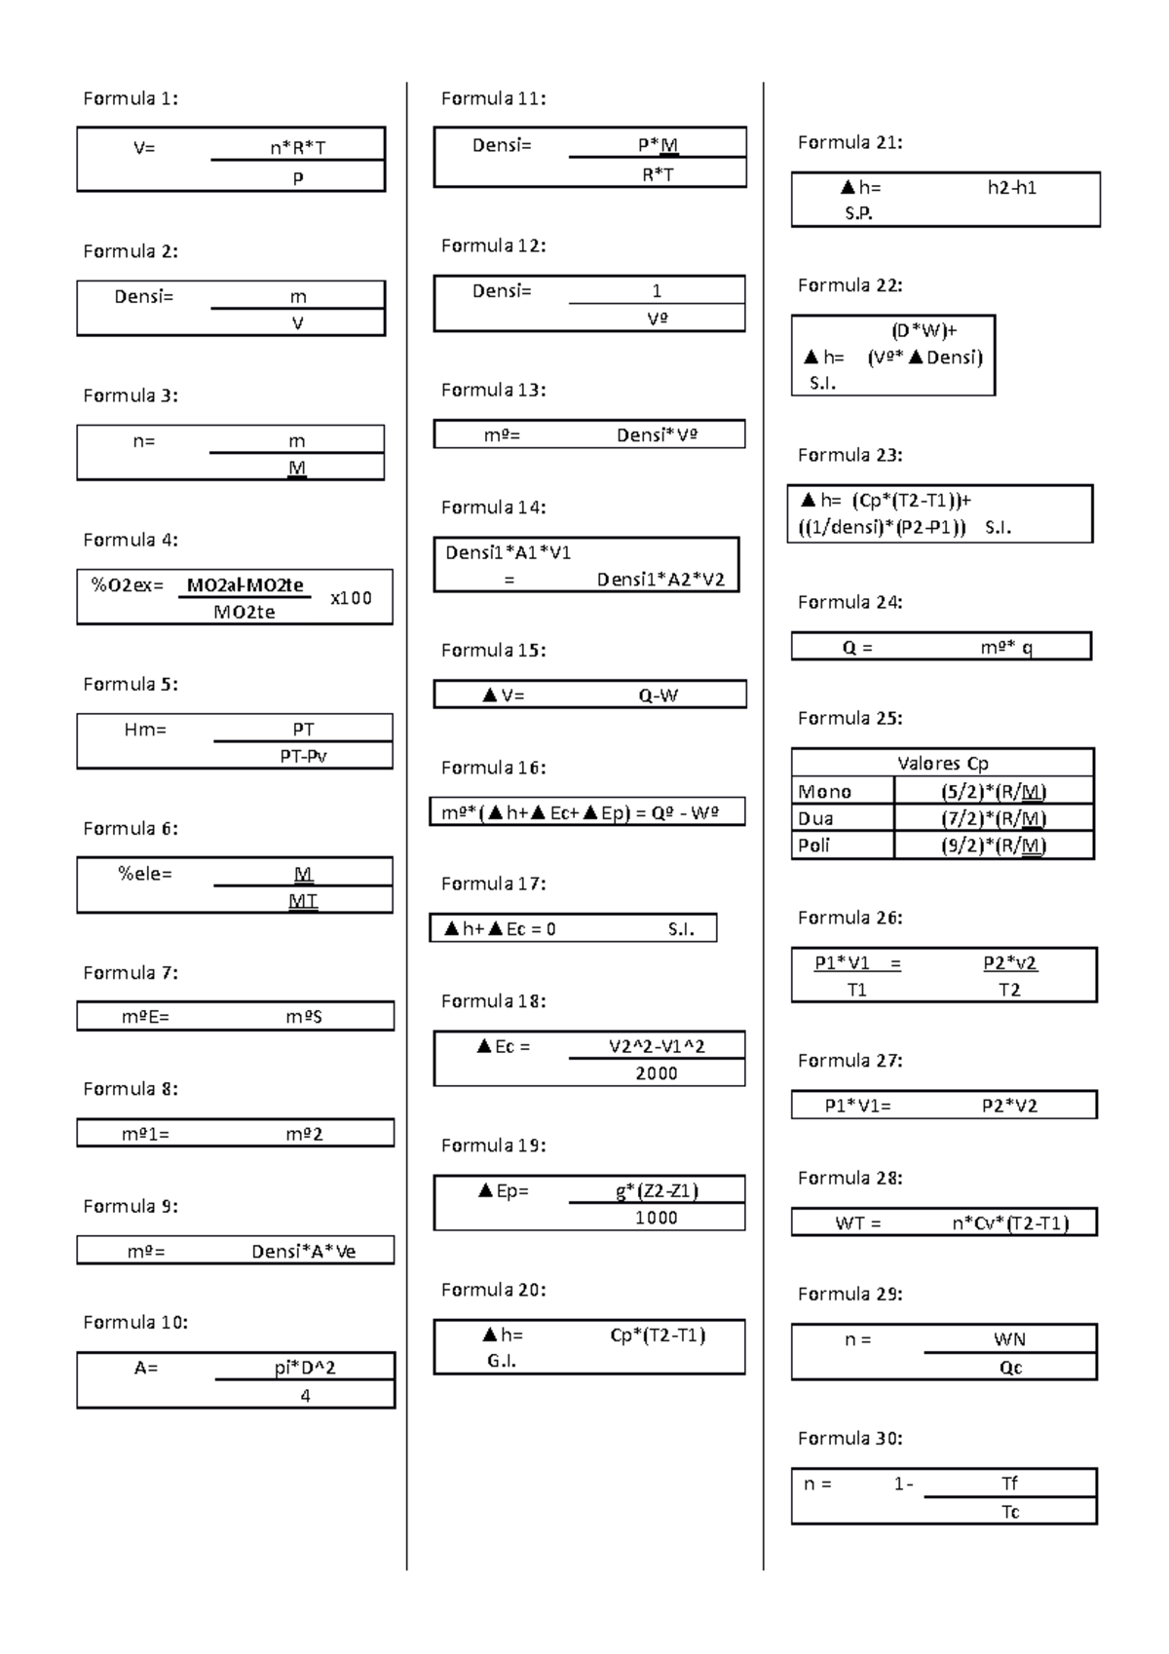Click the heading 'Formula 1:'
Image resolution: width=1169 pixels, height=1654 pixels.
131,98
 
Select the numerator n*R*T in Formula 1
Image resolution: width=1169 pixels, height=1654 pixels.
297,148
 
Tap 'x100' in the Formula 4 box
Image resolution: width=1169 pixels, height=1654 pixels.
351,598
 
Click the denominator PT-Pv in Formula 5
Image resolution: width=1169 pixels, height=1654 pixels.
303,756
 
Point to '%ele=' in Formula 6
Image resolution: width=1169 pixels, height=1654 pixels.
145,874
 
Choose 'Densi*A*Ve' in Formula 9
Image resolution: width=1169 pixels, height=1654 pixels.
303,1251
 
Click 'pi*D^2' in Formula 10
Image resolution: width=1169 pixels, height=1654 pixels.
305,1368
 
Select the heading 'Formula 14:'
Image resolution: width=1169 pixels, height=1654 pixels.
493,507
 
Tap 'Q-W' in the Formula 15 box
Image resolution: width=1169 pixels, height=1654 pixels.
659,695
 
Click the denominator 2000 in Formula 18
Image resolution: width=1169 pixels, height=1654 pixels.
657,1073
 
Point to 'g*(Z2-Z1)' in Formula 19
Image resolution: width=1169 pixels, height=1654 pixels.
657,1190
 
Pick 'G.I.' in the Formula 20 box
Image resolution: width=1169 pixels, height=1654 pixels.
502,1361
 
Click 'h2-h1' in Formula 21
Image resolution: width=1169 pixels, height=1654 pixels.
1011,188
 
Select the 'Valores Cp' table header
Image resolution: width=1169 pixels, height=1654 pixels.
942,764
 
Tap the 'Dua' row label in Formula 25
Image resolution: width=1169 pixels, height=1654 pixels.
815,818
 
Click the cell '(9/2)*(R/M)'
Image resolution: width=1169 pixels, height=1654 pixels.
994,846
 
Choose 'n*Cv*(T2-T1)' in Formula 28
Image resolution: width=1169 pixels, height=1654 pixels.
1010,1223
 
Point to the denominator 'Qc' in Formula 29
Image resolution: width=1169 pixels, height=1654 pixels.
1010,1368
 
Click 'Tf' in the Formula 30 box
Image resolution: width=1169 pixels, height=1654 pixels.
1009,1484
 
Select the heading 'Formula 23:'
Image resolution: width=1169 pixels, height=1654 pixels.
849,455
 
